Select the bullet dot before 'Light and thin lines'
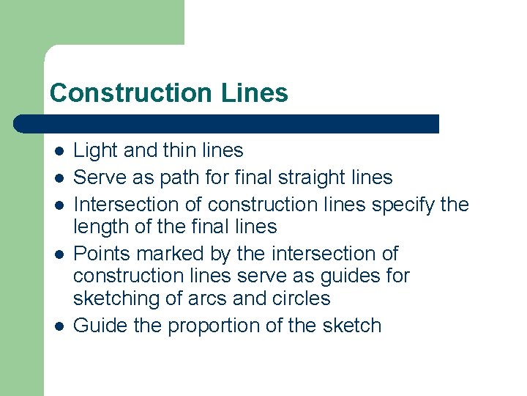point(59,151)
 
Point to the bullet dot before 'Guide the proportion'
point(59,326)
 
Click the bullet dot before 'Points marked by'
point(59,254)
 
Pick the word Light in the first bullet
point(96,151)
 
